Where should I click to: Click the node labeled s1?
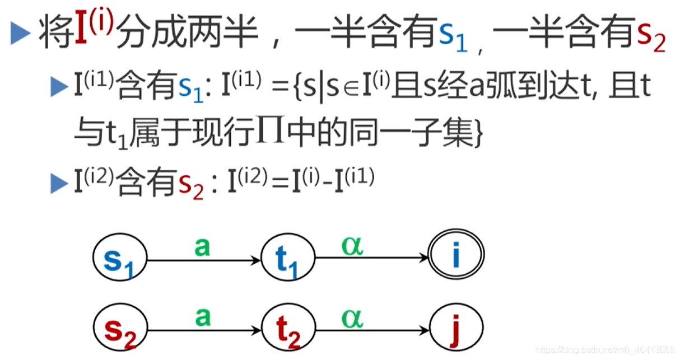[x=119, y=259]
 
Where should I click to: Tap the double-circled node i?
[x=456, y=256]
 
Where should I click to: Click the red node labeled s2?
[x=119, y=329]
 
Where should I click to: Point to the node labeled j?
[x=456, y=329]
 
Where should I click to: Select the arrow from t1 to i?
[x=372, y=258]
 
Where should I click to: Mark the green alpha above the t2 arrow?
[x=353, y=317]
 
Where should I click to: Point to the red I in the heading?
[x=82, y=34]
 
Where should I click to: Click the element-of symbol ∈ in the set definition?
[x=351, y=91]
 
